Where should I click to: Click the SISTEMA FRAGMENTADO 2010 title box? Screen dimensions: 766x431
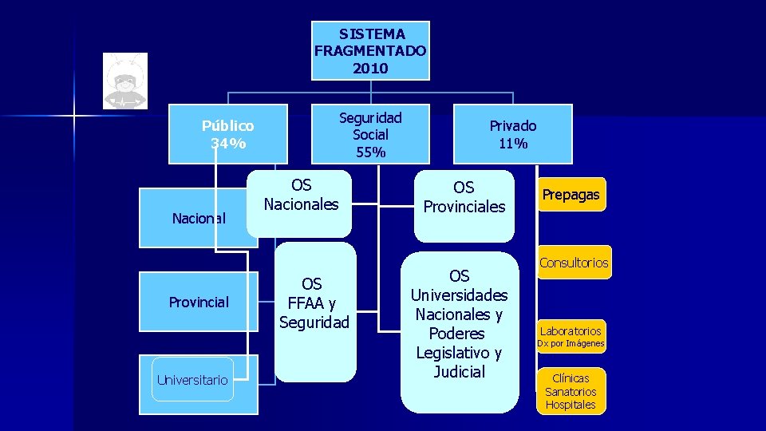[x=370, y=51]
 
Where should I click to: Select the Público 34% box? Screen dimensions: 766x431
[x=228, y=134]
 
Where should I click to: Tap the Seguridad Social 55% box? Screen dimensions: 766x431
[x=370, y=134]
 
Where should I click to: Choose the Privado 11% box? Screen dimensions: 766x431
[x=513, y=134]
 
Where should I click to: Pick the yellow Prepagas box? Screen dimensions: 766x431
[x=571, y=195]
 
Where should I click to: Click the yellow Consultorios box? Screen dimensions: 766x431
[x=574, y=263]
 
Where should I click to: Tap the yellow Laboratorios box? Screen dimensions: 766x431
[x=571, y=330]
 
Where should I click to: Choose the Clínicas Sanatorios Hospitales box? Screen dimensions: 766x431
[x=571, y=391]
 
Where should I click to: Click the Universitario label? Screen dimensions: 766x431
[x=192, y=380]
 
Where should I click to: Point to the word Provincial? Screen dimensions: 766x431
[x=199, y=302]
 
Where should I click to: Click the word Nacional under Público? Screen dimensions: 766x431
[x=199, y=218]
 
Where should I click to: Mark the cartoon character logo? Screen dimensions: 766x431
[x=125, y=81]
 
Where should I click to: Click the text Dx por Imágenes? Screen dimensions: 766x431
[x=571, y=344]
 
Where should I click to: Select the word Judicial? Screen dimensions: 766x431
[x=460, y=372]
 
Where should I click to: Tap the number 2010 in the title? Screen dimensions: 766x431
[x=370, y=69]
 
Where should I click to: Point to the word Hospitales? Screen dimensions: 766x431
[x=571, y=405]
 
